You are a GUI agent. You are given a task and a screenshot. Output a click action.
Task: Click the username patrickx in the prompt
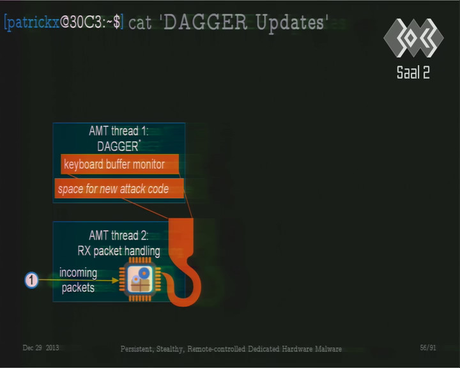click(x=33, y=22)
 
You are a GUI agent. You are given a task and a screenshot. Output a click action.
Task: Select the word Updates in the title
click(x=290, y=23)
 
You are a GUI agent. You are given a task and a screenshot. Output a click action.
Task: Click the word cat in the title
click(x=140, y=23)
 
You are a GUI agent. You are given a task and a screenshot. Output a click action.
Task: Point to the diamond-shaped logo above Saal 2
click(x=413, y=38)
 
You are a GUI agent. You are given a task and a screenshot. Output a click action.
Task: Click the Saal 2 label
click(x=413, y=72)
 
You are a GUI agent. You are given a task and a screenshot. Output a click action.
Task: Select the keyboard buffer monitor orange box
click(x=119, y=164)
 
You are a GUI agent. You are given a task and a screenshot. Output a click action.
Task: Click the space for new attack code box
click(x=119, y=188)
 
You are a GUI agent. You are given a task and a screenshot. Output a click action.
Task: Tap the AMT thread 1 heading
click(x=119, y=131)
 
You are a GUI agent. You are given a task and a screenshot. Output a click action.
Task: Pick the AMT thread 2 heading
click(x=119, y=235)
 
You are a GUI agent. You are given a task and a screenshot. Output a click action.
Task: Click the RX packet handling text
click(x=119, y=251)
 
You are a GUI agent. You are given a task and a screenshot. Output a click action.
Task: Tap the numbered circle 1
click(x=31, y=280)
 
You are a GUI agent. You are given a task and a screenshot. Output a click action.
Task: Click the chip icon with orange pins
click(x=140, y=279)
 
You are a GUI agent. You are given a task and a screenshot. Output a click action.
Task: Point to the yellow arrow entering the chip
click(x=79, y=280)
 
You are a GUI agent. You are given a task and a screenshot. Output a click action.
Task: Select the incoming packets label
click(x=78, y=280)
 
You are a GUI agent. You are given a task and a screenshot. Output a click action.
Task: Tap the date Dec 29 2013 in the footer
click(x=41, y=348)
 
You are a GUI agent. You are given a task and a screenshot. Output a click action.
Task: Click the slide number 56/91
click(x=427, y=348)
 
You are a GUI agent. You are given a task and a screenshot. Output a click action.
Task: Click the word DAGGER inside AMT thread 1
click(x=118, y=146)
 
